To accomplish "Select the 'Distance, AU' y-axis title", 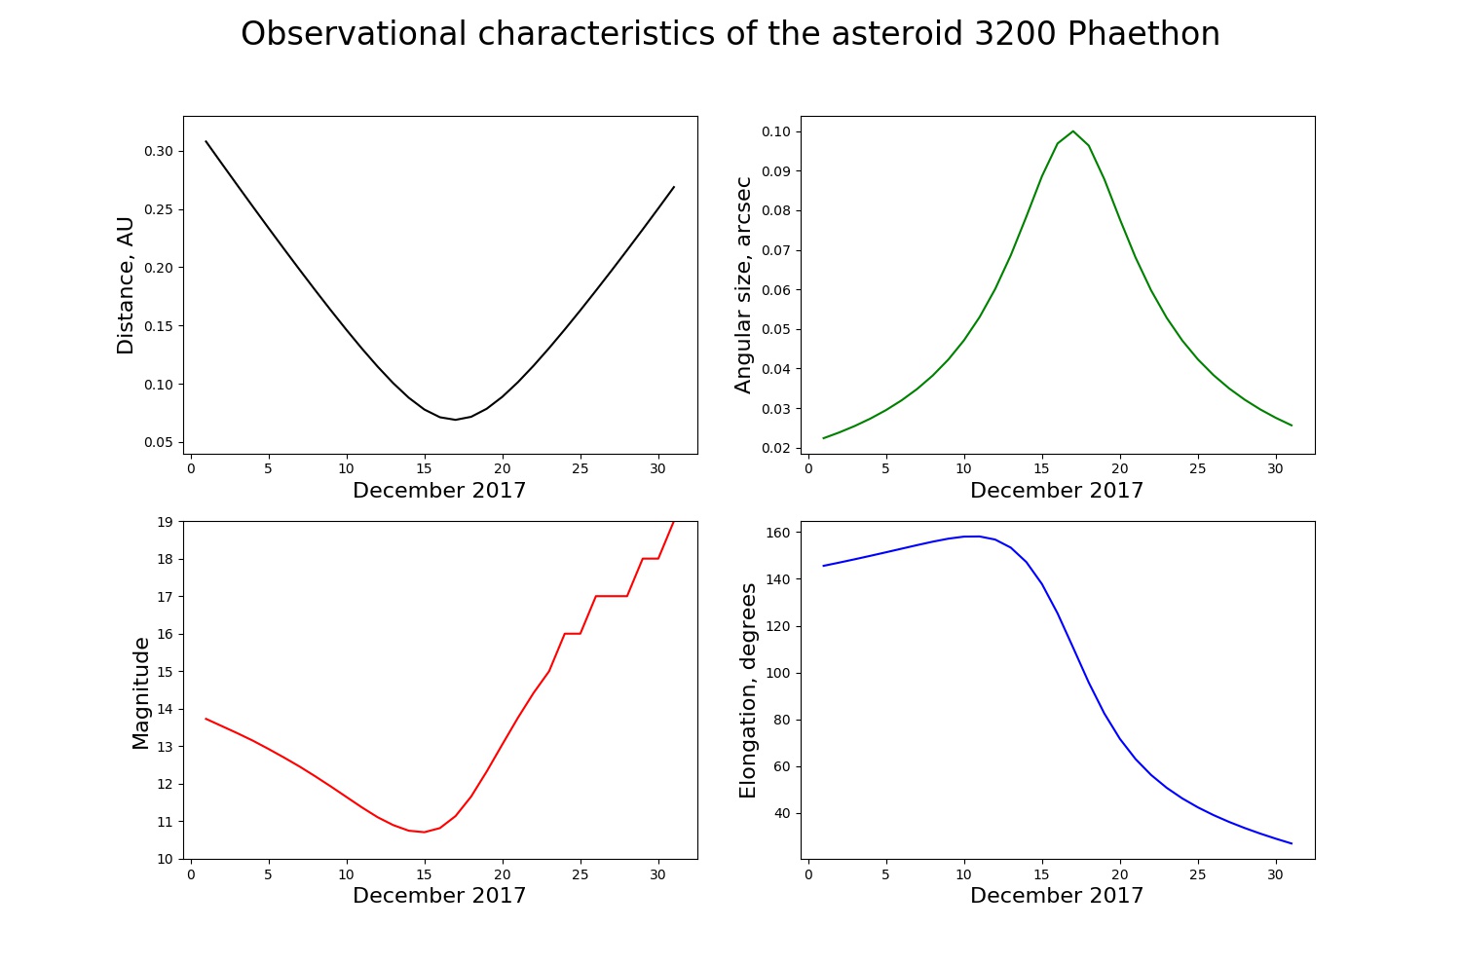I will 126,285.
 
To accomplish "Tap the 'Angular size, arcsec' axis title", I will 744,285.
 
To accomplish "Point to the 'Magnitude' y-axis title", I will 141,693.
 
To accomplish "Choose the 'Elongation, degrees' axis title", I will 748,690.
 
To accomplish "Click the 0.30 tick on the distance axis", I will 160,151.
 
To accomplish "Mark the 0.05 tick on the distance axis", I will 160,443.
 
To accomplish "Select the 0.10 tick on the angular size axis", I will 777,131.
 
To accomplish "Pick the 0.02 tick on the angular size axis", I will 777,448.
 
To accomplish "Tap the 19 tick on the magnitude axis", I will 166,522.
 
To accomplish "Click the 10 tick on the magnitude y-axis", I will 166,859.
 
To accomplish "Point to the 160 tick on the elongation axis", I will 780,533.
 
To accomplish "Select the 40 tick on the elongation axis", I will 784,813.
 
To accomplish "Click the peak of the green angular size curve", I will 1072,131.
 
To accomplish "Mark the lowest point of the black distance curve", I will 455,420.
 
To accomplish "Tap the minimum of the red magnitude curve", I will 424,832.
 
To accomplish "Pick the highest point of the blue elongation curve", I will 972,537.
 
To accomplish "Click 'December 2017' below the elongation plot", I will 1057,896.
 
